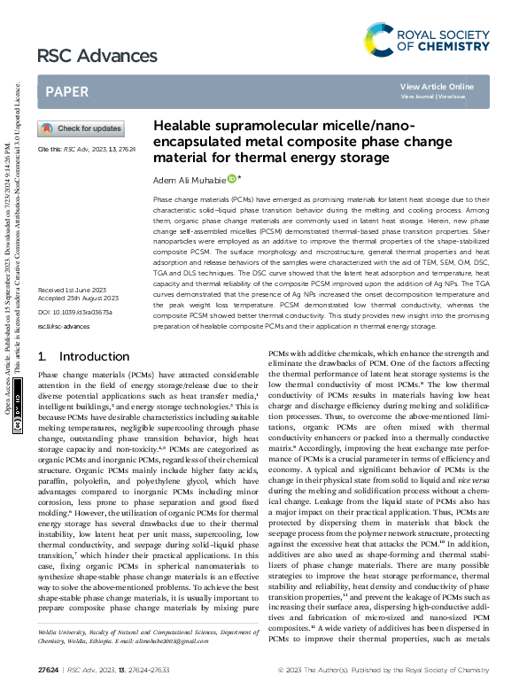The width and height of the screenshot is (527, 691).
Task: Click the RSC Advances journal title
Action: click(83, 57)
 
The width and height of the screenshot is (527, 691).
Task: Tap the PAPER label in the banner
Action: click(66, 91)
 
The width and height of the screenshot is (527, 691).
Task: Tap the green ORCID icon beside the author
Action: click(232, 179)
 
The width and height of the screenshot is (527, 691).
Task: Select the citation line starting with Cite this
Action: click(81, 150)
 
